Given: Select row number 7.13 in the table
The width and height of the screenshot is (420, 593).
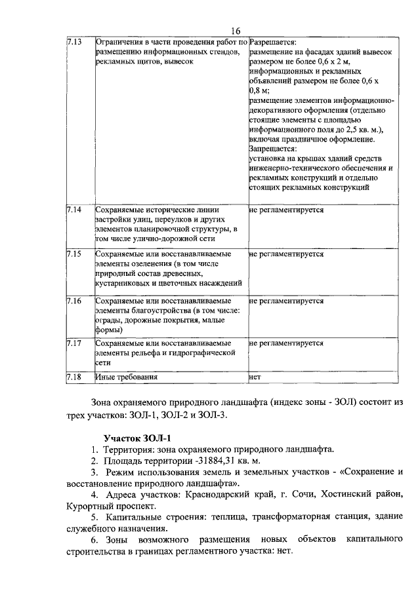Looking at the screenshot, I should coord(74,42).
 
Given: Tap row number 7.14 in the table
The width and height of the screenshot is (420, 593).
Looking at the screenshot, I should coord(74,210).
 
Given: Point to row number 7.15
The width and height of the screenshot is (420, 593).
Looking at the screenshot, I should coord(74,254).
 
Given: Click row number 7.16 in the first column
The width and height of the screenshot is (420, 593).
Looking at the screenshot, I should coord(74,301).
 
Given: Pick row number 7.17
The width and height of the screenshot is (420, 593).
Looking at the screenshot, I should coord(74,343).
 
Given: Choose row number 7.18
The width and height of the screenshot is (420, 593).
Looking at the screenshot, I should coord(74,377).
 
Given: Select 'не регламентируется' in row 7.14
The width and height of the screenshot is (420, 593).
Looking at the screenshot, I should coord(287,210).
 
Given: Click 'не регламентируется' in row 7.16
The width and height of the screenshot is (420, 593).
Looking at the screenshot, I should coord(287,301).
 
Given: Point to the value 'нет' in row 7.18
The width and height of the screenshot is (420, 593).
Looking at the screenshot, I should coord(255,377).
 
